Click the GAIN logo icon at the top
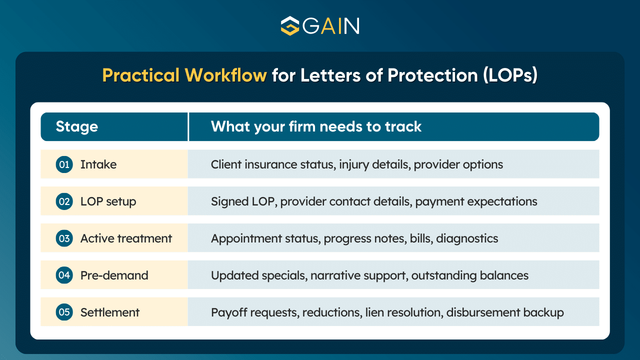point(290,26)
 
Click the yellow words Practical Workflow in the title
point(184,75)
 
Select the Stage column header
point(77,126)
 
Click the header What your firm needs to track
point(316,126)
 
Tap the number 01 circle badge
point(64,164)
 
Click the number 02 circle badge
point(64,201)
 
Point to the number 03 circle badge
point(64,238)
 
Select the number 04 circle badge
point(64,275)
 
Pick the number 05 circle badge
point(64,312)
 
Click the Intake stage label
point(98,164)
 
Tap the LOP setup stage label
point(108,201)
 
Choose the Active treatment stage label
point(126,238)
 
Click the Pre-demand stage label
point(114,275)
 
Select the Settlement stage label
point(110,312)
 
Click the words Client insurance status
point(272,164)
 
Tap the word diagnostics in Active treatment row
point(467,238)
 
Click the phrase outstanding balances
point(469,275)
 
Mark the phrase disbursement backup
point(505,312)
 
